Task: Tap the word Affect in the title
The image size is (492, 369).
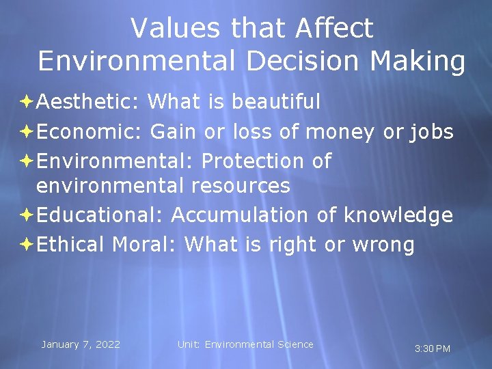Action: tap(335, 29)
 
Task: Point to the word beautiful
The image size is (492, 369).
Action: tap(275, 102)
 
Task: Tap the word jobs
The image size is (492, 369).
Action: tap(433, 132)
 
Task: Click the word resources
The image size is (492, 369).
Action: tap(241, 186)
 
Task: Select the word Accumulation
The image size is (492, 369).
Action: tap(240, 215)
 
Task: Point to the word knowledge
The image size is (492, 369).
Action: tap(398, 215)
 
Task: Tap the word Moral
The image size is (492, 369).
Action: tap(146, 245)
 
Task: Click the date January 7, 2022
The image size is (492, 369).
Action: tap(81, 344)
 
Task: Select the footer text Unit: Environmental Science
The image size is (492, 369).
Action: tap(245, 344)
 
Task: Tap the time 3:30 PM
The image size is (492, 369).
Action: tap(433, 348)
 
